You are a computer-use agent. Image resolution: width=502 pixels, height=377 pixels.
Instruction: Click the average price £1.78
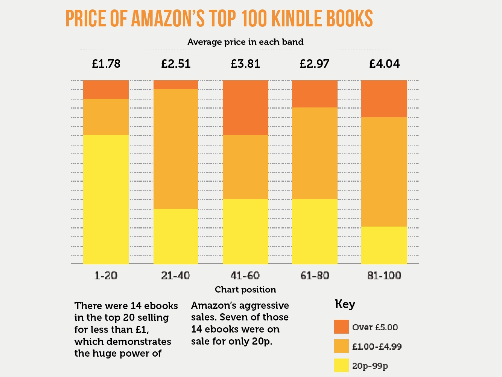tap(106, 64)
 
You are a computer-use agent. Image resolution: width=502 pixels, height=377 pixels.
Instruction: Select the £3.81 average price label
tap(245, 64)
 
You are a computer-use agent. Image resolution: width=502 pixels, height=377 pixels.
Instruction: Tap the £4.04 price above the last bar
tap(384, 64)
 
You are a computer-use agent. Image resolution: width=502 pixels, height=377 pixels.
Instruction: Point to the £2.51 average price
tap(176, 64)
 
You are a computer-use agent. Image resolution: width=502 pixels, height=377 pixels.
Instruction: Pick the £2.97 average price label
tap(315, 64)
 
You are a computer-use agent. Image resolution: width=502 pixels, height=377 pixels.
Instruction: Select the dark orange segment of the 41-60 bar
tap(245, 107)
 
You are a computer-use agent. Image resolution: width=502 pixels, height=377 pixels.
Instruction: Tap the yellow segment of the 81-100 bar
tap(384, 245)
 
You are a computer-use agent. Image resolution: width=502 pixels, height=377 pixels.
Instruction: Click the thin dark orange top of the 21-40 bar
tap(176, 84)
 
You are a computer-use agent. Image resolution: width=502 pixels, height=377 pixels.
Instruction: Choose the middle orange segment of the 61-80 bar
tap(315, 153)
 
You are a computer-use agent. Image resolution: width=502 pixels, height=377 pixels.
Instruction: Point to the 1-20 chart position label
tap(106, 276)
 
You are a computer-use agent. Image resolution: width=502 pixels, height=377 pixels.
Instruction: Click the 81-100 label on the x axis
tap(384, 276)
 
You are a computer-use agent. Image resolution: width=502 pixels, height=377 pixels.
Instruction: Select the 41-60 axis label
tap(245, 276)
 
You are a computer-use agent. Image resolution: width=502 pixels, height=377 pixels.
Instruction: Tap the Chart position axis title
tap(245, 290)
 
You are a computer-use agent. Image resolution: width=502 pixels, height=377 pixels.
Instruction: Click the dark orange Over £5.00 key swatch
tap(341, 327)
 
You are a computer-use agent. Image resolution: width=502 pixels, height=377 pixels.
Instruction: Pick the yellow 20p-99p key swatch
tap(341, 365)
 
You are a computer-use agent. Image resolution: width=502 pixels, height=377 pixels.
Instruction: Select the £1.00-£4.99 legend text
tap(377, 346)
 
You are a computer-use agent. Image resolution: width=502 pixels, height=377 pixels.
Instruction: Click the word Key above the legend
tap(345, 304)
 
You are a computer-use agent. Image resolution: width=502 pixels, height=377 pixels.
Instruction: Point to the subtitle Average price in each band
tap(245, 42)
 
